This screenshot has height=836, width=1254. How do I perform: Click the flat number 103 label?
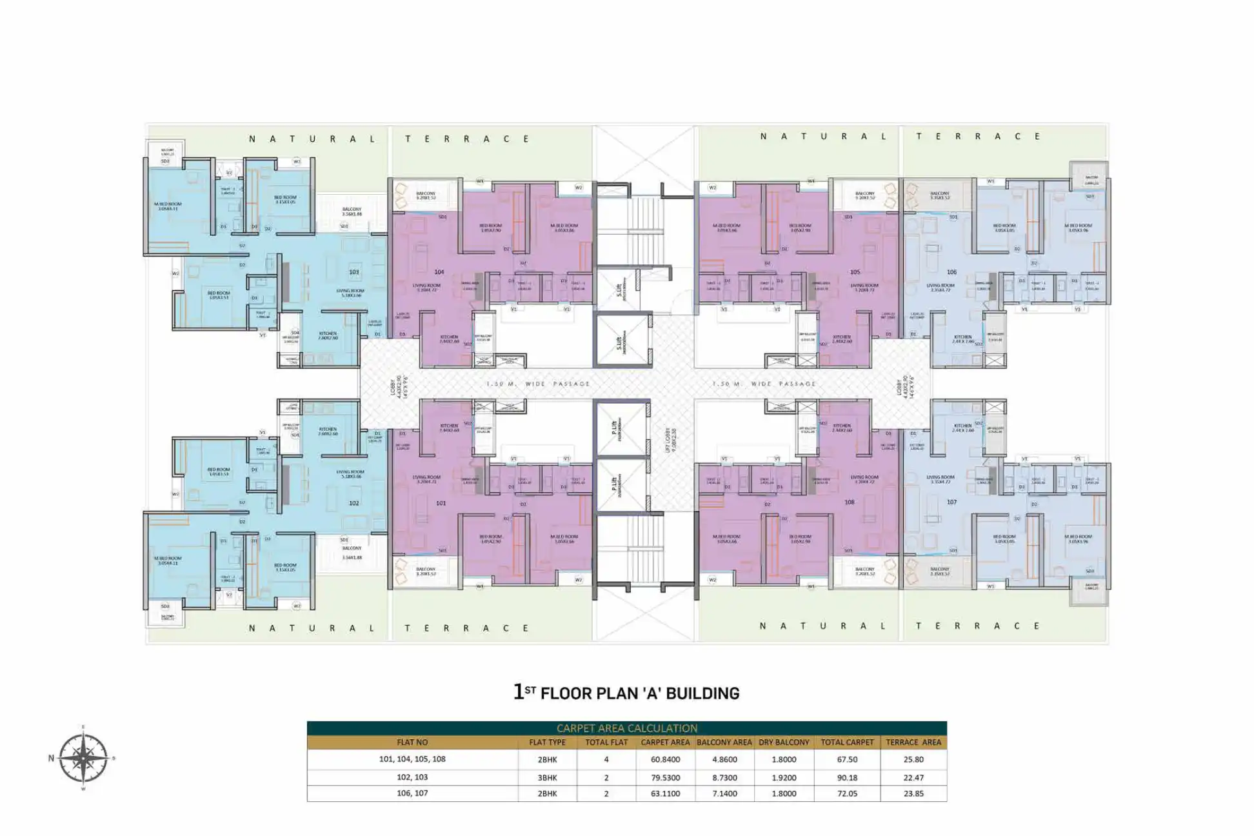tap(353, 272)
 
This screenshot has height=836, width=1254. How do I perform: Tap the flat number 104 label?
tap(439, 272)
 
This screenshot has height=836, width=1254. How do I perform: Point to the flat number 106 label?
tap(951, 272)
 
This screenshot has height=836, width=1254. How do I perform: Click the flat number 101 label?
tap(441, 503)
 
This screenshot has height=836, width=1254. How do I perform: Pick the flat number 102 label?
tap(353, 503)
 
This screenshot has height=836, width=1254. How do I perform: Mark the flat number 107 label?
tap(951, 502)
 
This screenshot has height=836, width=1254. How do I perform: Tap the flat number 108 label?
tap(850, 502)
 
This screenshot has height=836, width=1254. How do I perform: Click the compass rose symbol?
tap(83, 758)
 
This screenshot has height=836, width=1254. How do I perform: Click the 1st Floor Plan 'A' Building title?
tap(626, 693)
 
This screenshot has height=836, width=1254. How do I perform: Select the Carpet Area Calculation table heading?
tap(626, 728)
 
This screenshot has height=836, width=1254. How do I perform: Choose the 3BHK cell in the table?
tap(547, 777)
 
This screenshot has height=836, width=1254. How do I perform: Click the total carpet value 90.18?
tap(847, 777)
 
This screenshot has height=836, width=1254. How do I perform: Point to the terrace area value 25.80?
tap(913, 760)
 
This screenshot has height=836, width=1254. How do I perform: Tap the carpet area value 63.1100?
tap(665, 793)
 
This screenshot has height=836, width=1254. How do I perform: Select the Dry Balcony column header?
tap(784, 742)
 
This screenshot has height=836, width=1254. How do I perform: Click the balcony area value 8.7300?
tap(724, 777)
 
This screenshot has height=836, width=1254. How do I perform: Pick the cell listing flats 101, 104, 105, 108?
tap(412, 759)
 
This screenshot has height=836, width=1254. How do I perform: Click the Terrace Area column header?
tap(913, 742)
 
